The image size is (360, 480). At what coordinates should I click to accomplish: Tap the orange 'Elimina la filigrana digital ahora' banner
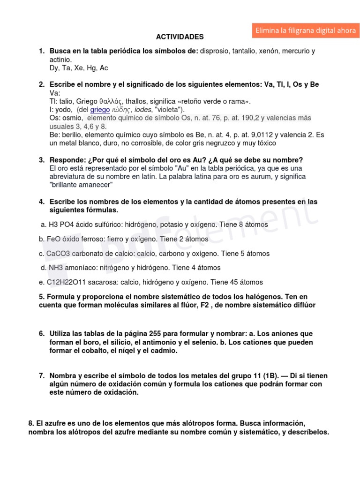305,30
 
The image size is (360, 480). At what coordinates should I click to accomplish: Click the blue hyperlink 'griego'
100,109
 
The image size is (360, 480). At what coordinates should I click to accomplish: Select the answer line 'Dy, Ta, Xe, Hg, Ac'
79,68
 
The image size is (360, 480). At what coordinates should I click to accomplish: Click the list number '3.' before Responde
42,160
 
